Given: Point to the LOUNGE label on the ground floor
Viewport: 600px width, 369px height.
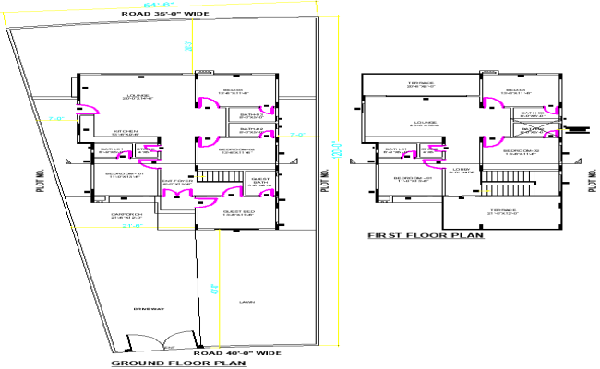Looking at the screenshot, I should click(138, 95).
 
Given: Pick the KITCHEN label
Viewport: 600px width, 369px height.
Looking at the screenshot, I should click(126, 132).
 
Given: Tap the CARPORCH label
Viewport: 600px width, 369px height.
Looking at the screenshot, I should click(125, 216).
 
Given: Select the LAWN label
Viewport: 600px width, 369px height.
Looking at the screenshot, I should click(246, 302).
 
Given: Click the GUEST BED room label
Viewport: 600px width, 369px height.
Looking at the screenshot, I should click(236, 214).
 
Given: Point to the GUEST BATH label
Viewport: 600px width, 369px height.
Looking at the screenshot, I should click(260, 181).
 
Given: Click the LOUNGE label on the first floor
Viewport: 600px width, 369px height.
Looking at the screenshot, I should click(423, 123).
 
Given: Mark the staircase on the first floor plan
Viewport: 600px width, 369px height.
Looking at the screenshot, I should click(532, 187).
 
